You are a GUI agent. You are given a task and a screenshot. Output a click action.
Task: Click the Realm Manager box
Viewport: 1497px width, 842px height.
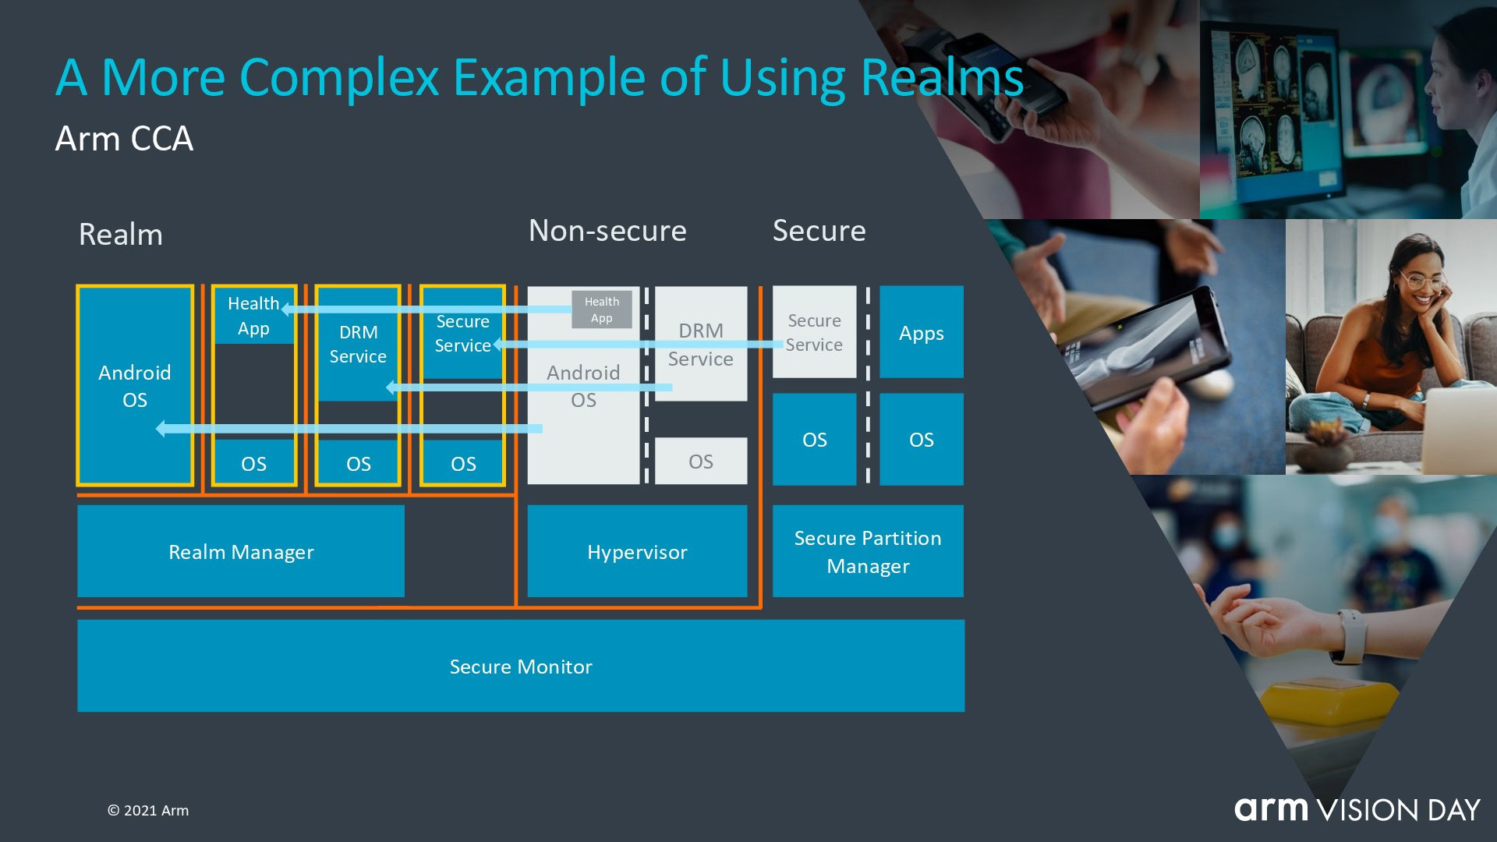pyautogui.click(x=240, y=551)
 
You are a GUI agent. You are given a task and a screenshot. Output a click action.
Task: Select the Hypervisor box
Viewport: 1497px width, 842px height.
pyautogui.click(x=637, y=551)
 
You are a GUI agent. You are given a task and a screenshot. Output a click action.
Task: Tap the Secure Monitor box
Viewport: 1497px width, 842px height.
pyautogui.click(x=521, y=666)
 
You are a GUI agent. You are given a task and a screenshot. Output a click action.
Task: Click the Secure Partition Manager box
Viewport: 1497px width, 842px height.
pyautogui.click(x=868, y=551)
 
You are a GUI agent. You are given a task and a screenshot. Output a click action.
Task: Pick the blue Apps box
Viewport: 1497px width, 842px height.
pyautogui.click(x=921, y=332)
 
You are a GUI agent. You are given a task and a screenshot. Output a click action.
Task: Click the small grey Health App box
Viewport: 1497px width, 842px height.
pyautogui.click(x=601, y=310)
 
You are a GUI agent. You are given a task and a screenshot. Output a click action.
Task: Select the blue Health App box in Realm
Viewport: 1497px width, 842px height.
pyautogui.click(x=253, y=316)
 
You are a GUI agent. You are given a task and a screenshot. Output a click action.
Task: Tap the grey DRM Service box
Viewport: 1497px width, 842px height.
pyautogui.click(x=700, y=344)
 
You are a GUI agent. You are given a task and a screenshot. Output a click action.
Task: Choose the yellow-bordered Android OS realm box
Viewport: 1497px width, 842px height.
pyautogui.click(x=135, y=385)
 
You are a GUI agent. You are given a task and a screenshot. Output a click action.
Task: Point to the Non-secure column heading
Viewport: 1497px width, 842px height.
pyautogui.click(x=607, y=231)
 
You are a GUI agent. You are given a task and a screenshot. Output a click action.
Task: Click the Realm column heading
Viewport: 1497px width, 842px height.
pyautogui.click(x=121, y=235)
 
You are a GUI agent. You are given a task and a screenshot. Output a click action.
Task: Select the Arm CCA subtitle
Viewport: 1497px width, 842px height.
pyautogui.click(x=124, y=139)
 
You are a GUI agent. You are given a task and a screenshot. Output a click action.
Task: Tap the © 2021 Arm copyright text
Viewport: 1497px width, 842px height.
pyautogui.click(x=148, y=810)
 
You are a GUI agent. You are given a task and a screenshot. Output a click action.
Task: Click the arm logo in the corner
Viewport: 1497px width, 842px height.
pyautogui.click(x=1272, y=809)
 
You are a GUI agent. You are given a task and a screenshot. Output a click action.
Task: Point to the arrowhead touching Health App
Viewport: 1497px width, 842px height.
pyautogui.click(x=286, y=310)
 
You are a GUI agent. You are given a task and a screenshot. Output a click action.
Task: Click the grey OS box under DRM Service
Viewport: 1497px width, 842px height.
pyautogui.click(x=700, y=461)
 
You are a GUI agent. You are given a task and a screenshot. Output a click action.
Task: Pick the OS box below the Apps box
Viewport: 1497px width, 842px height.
pyautogui.click(x=921, y=439)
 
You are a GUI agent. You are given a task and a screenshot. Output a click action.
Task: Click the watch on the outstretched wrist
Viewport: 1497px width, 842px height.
pyautogui.click(x=1353, y=635)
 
